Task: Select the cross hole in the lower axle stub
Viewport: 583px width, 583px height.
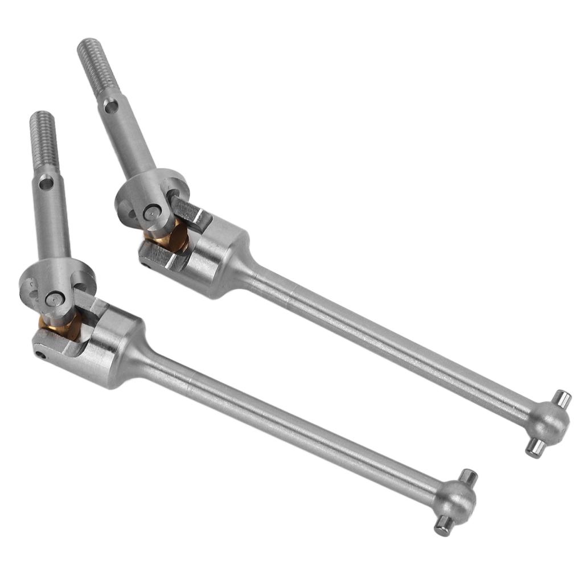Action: point(46,183)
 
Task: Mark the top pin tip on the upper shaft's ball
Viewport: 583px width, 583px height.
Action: point(564,398)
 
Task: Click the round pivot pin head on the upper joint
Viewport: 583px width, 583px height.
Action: point(150,212)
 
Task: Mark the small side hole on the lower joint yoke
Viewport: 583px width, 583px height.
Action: point(40,355)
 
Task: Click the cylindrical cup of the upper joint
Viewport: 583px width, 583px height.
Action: point(216,256)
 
